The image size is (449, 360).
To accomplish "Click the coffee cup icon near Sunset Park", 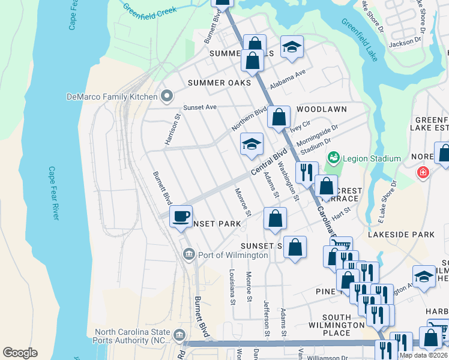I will [x=181, y=217].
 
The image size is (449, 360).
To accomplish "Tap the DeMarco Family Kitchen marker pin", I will [x=167, y=96].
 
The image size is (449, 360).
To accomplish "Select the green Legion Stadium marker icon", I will [x=334, y=158].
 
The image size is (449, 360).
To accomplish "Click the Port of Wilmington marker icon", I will [x=188, y=255].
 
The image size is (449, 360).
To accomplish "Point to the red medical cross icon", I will [x=424, y=173].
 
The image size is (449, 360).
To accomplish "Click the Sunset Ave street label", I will [x=200, y=107].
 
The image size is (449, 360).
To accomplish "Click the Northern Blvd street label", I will [x=249, y=119].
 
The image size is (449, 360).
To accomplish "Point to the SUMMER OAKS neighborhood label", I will [x=218, y=83].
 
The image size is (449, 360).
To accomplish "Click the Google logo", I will [x=20, y=353].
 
